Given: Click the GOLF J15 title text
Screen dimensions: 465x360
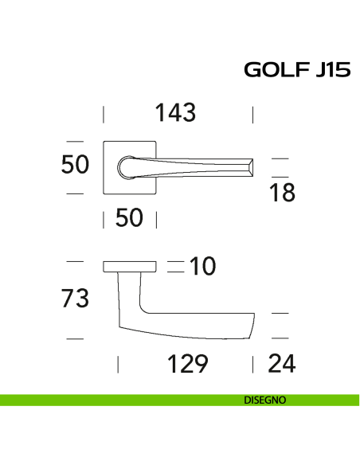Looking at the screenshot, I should [296, 71].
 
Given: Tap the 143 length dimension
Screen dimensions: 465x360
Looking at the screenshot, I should [175, 113].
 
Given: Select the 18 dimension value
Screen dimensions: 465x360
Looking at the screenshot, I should [282, 192].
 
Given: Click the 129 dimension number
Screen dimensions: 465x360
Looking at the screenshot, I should [187, 365].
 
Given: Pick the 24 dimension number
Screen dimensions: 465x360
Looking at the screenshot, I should [282, 365].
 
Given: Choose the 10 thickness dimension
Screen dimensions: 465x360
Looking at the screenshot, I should [203, 266].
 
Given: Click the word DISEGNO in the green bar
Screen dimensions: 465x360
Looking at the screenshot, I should [265, 401].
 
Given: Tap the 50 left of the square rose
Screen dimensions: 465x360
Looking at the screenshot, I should [75, 166].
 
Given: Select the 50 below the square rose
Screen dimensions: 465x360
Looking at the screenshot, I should [129, 217].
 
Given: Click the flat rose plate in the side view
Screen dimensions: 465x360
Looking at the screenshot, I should [130, 266].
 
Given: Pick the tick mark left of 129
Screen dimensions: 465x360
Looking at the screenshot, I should [118, 365].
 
